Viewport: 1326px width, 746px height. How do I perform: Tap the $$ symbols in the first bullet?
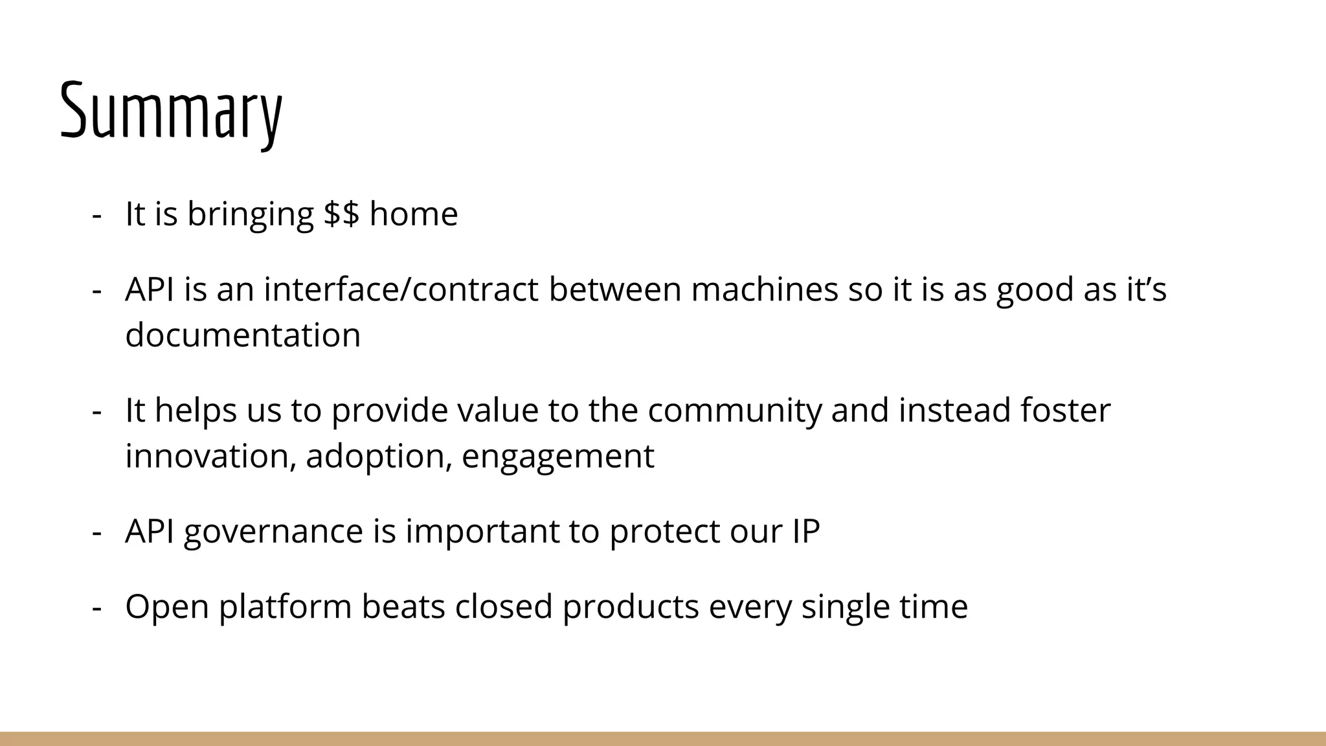pyautogui.click(x=341, y=214)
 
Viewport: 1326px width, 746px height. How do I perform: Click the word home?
pyautogui.click(x=413, y=214)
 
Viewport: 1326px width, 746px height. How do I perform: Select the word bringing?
pyautogui.click(x=250, y=215)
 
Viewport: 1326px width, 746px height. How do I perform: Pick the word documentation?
pyautogui.click(x=243, y=335)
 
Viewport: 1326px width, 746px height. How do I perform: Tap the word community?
pyautogui.click(x=734, y=411)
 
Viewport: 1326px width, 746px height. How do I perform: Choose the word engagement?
pyautogui.click(x=557, y=457)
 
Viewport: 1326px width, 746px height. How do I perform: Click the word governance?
pyautogui.click(x=273, y=532)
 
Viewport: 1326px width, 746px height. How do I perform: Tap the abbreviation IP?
pyautogui.click(x=805, y=531)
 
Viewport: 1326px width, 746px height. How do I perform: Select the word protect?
pyautogui.click(x=664, y=532)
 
